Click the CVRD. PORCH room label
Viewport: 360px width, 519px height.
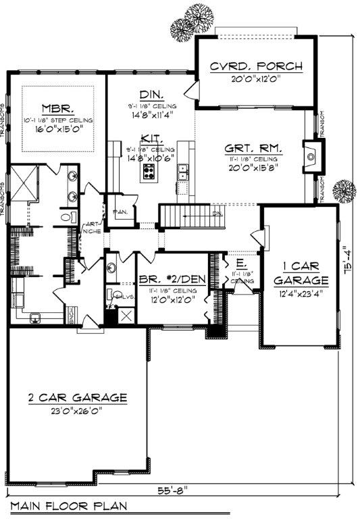tap(255, 66)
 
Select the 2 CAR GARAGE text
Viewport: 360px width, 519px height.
tap(77, 397)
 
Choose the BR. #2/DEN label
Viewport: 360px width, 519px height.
tap(171, 278)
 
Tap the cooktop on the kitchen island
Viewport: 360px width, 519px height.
tap(149, 171)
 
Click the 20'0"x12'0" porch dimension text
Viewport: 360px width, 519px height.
tap(255, 78)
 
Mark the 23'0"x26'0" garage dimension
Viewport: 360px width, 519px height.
tap(77, 409)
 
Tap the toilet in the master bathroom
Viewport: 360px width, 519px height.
tap(67, 218)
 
